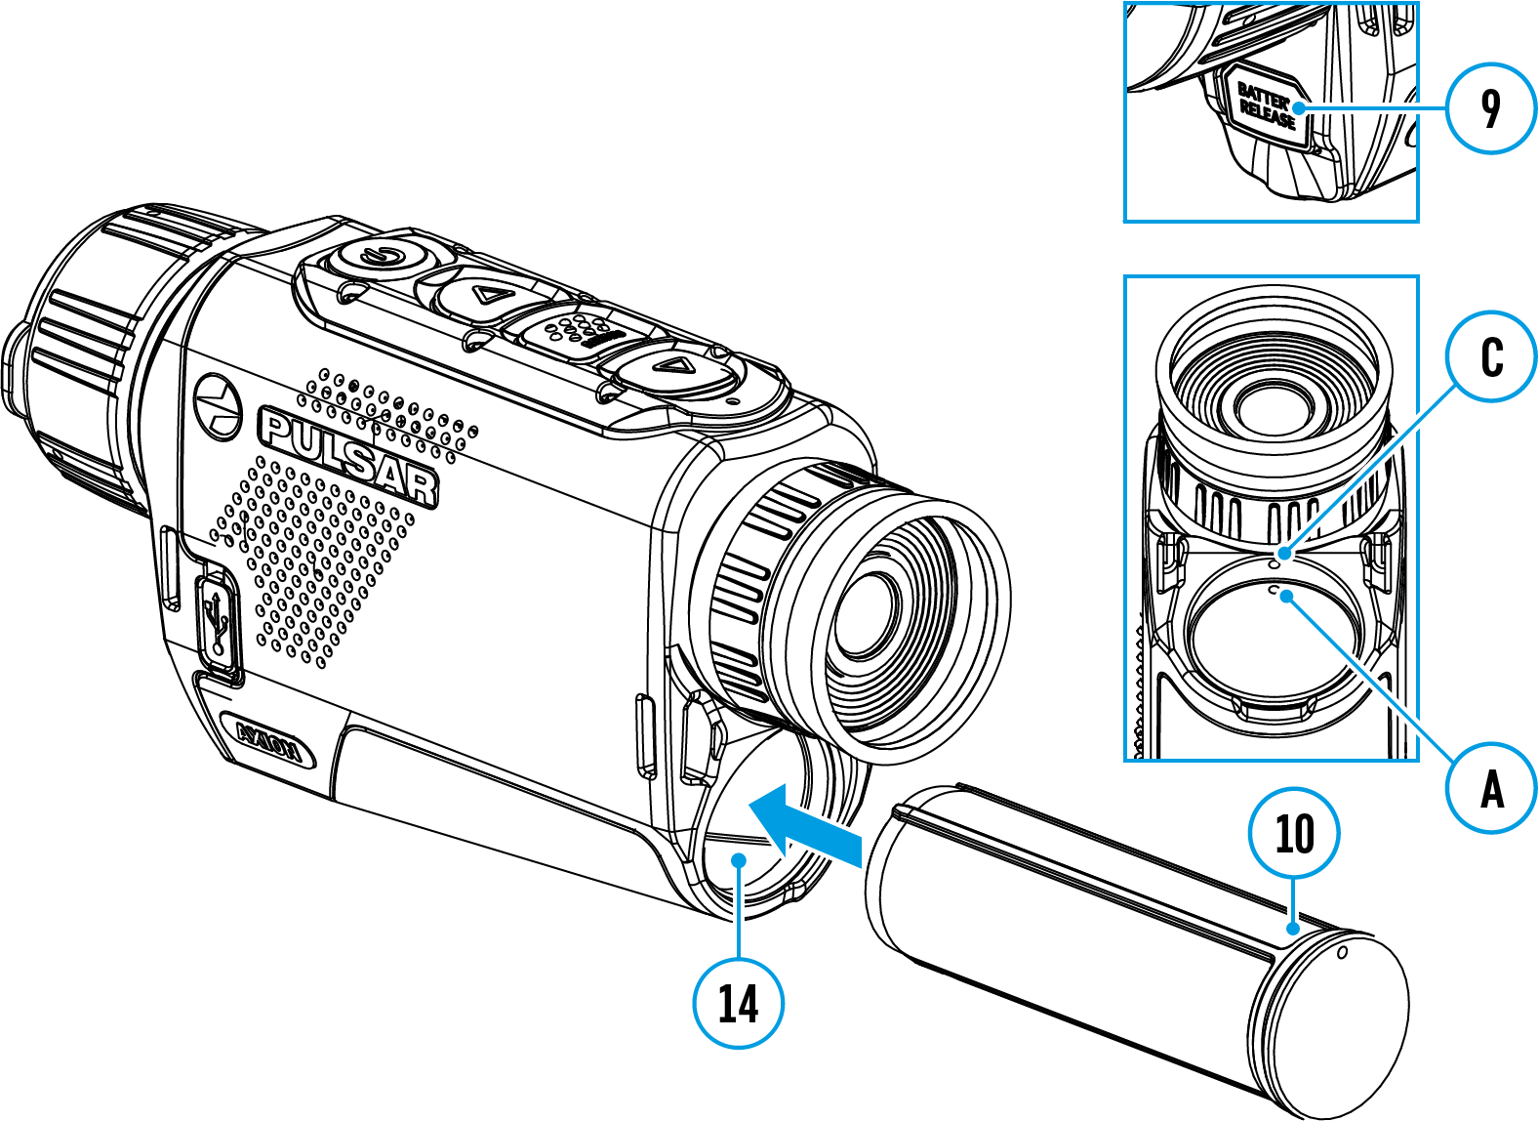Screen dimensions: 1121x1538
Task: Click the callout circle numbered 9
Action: coord(1490,108)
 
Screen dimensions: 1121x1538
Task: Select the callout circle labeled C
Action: coord(1491,357)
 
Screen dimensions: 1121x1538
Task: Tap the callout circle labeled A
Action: coord(1491,788)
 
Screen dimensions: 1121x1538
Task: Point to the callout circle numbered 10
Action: coord(1294,834)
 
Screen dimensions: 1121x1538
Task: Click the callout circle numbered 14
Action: coord(738,1003)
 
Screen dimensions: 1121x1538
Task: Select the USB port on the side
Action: coord(217,623)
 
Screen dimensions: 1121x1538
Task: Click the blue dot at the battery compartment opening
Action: coord(739,859)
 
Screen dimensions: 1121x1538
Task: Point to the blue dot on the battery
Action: coord(1293,928)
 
